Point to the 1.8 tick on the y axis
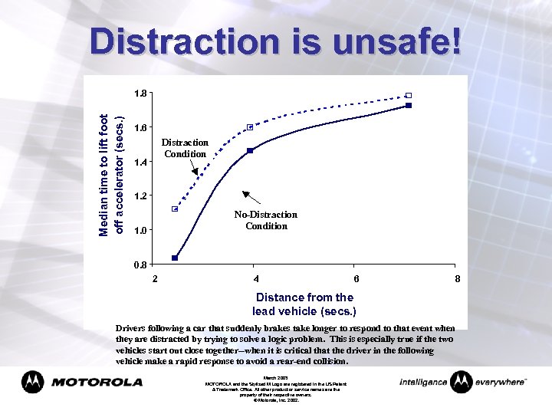(x=141, y=94)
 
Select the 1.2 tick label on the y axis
(x=141, y=196)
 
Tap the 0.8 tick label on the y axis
(x=141, y=265)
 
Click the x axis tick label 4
(x=255, y=278)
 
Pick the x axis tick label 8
(x=458, y=278)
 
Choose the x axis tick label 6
(x=356, y=278)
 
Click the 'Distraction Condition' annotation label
(x=185, y=148)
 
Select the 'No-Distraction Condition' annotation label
(x=266, y=220)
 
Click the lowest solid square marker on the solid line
(x=175, y=258)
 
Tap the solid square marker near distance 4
(x=250, y=150)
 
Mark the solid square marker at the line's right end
(x=409, y=105)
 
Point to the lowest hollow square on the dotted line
(x=175, y=209)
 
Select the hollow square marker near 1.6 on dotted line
(x=250, y=127)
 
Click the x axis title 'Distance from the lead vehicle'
(x=304, y=304)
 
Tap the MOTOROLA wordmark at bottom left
(x=97, y=382)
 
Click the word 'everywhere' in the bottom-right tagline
(x=499, y=382)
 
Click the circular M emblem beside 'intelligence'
(x=462, y=381)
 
